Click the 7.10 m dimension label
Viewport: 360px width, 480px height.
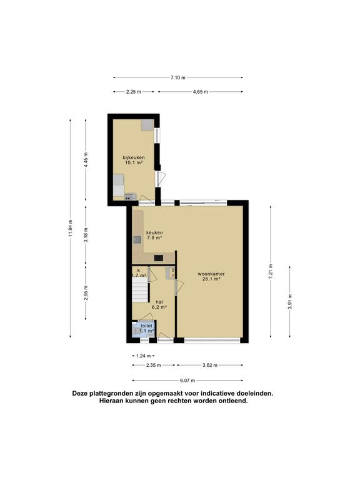pos(178,77)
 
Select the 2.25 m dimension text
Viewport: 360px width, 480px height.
pos(134,91)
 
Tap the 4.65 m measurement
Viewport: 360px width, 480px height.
pos(200,91)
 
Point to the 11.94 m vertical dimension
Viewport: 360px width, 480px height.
pos(71,228)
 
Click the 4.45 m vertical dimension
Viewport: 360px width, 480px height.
pos(86,159)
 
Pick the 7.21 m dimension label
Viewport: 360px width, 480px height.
pos(270,271)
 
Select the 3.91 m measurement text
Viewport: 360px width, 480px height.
pos(290,301)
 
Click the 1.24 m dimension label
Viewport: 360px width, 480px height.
pos(144,356)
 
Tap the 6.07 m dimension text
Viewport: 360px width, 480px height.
pos(187,381)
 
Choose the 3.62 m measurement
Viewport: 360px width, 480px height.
pos(210,365)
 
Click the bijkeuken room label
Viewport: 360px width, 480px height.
pos(134,157)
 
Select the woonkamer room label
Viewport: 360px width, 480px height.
pos(211,274)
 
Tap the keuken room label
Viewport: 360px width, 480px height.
pos(154,232)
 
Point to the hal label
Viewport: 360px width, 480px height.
pos(159,302)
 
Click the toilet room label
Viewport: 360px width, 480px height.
pos(146,326)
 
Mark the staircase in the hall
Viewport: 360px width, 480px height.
pos(140,292)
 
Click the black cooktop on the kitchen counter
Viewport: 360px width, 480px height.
pos(159,258)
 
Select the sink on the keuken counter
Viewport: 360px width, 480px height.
pos(137,240)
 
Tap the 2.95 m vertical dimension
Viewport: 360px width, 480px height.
pos(86,292)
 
